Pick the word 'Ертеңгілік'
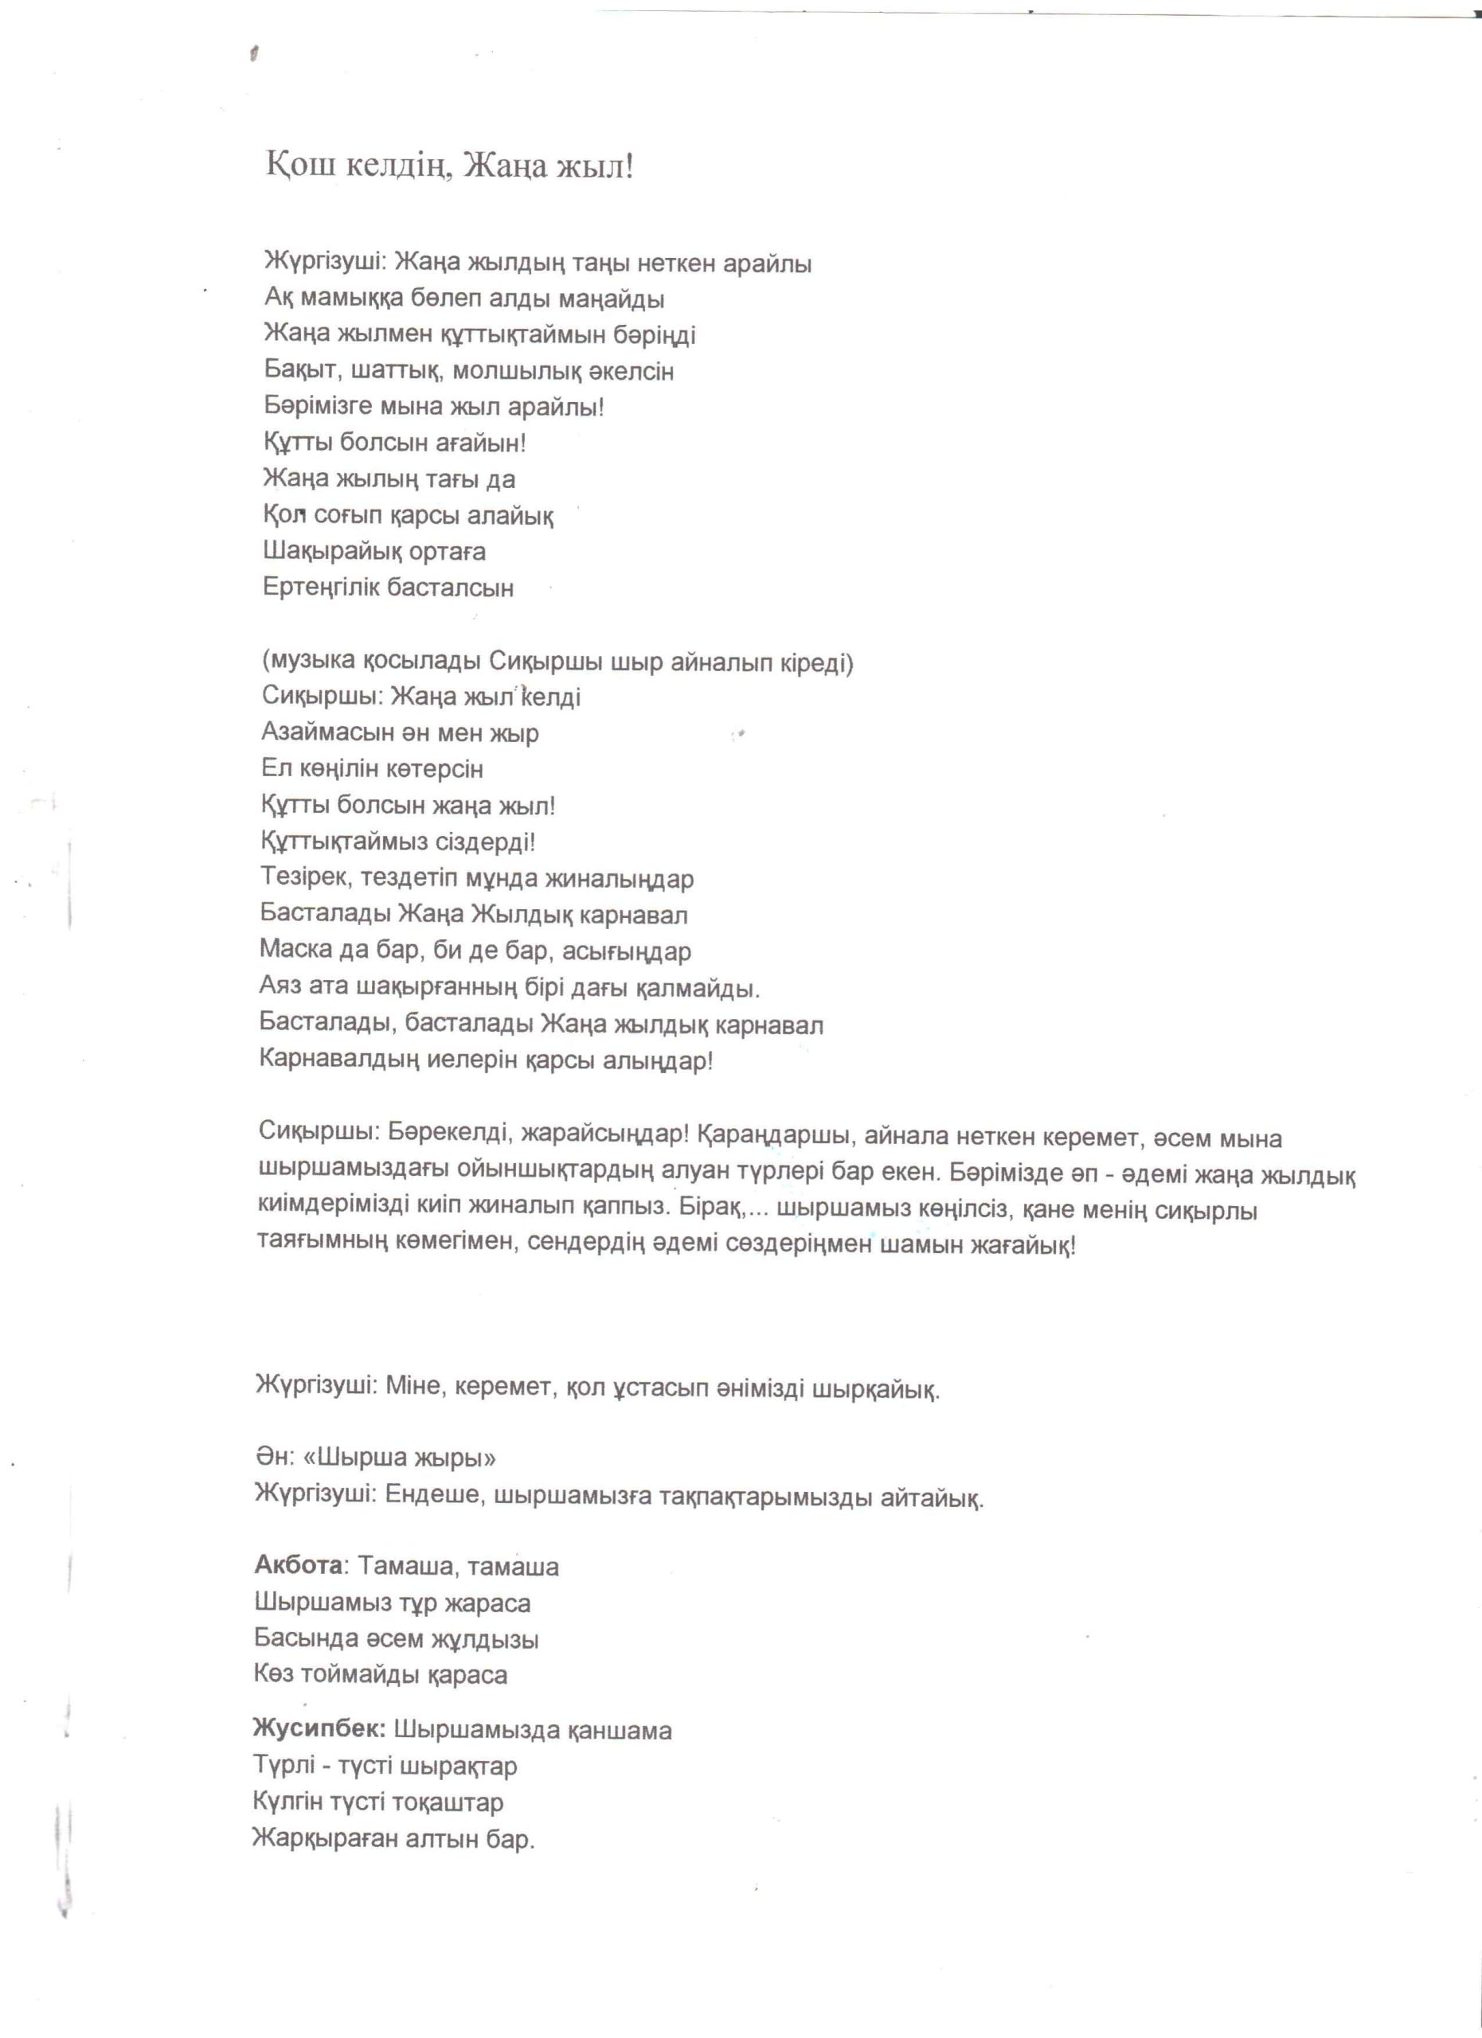321,588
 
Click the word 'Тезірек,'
303,878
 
